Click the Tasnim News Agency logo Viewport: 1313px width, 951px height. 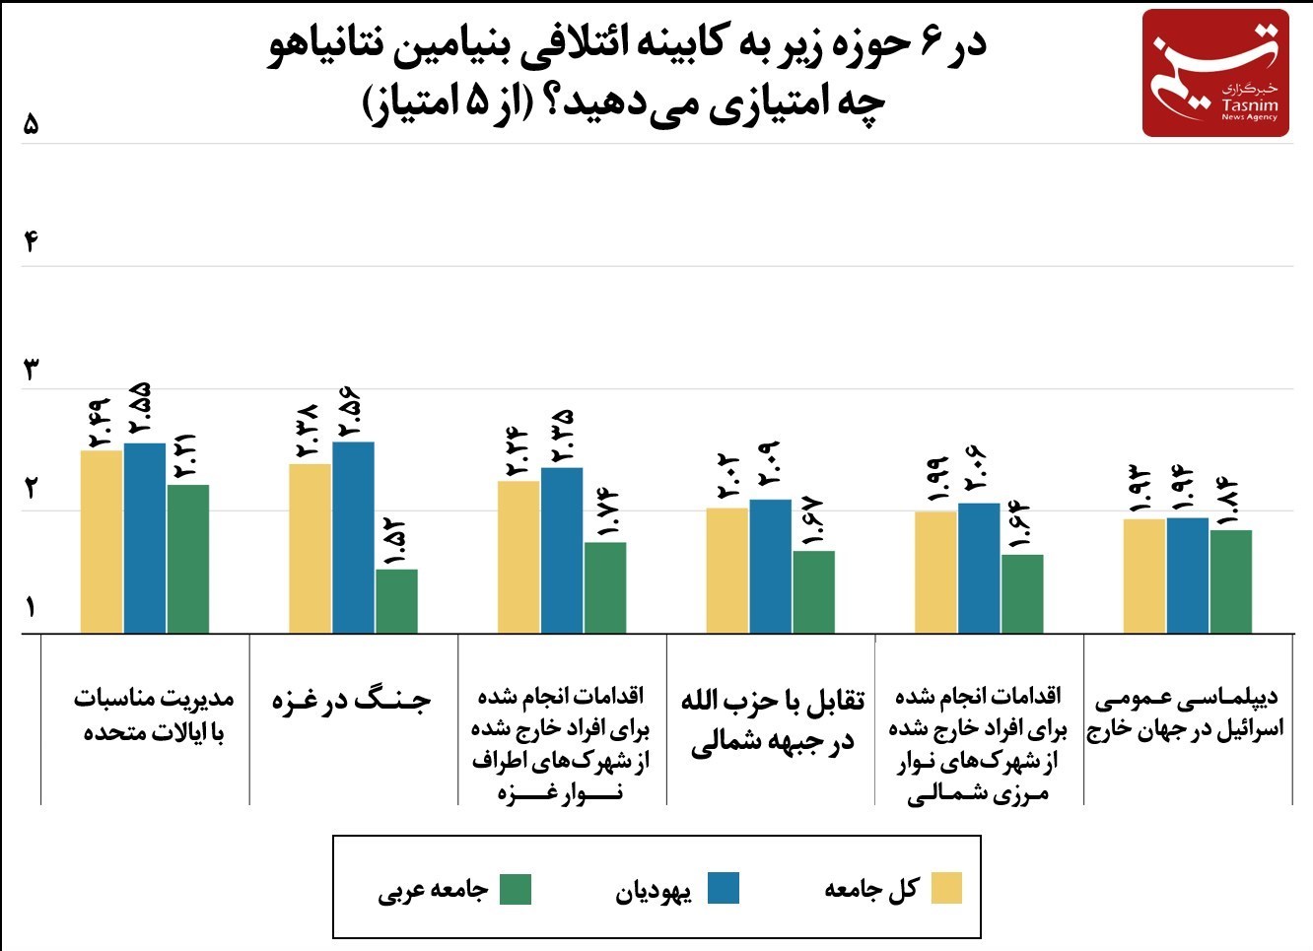1215,73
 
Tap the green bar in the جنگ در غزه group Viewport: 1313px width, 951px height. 396,600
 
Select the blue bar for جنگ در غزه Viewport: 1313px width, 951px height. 353,537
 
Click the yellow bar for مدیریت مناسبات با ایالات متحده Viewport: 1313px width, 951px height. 102,541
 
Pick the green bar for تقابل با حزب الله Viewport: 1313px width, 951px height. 813,591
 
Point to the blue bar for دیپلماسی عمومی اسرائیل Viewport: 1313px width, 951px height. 1187,575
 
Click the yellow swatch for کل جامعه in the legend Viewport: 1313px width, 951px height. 946,888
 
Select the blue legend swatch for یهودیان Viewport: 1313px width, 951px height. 724,888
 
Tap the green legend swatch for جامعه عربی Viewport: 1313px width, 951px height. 516,888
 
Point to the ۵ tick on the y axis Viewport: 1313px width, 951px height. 31,125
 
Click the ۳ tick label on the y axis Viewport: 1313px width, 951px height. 31,371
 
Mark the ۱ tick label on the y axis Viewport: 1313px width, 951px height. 31,606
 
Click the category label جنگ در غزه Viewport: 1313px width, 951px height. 352,701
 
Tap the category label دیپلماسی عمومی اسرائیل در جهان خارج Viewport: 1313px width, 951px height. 1186,713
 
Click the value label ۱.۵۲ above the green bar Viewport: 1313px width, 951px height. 396,543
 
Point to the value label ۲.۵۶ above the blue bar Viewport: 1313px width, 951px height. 352,415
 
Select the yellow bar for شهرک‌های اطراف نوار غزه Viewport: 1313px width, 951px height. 518,557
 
